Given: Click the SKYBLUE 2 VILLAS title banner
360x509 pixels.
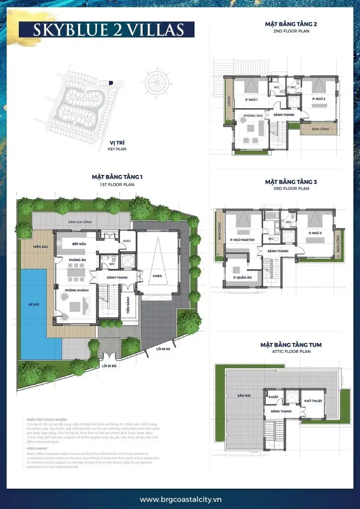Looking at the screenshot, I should [107, 29].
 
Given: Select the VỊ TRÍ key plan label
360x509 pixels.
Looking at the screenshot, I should [117, 143].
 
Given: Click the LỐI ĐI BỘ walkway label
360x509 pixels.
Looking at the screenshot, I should [109, 366].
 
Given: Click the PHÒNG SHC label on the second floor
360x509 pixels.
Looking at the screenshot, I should [253, 115].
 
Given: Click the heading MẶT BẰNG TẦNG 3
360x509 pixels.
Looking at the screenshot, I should [291, 182].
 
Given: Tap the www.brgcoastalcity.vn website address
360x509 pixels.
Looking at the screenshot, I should [180, 500].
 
